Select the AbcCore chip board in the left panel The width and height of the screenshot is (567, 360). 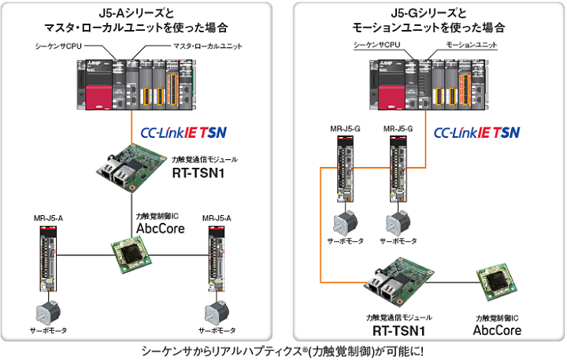(127, 254)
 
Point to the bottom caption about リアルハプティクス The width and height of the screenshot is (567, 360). (283, 351)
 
